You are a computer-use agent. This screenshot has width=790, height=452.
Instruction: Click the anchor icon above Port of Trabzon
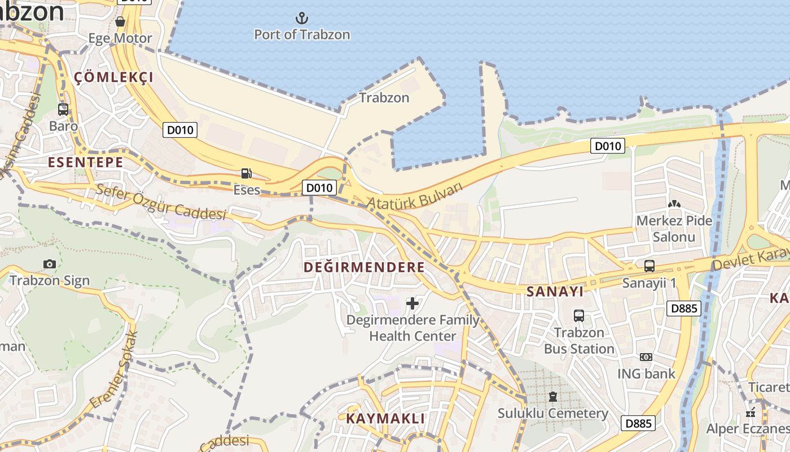[x=302, y=18]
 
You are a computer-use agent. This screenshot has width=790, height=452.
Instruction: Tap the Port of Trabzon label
[x=302, y=34]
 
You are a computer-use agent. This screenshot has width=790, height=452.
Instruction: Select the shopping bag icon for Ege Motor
[x=120, y=21]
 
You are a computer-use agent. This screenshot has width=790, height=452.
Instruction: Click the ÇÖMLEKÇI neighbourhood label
[x=113, y=77]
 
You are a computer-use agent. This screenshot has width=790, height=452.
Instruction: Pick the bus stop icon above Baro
[x=63, y=110]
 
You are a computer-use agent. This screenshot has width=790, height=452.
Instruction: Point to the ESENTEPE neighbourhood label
[x=85, y=162]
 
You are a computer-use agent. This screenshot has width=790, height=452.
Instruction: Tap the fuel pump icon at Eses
[x=246, y=173]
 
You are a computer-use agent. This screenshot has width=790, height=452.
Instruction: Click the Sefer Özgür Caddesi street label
[x=161, y=202]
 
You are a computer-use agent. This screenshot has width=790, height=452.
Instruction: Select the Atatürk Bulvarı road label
[x=415, y=195]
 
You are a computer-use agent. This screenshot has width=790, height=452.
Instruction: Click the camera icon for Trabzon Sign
[x=49, y=264]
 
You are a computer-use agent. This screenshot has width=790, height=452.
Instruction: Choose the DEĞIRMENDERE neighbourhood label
[x=364, y=267]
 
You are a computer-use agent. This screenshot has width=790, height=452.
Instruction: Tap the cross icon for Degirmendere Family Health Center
[x=412, y=303]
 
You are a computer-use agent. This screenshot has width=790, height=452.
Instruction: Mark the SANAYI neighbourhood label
[x=554, y=292]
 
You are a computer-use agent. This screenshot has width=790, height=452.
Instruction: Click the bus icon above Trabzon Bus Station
[x=579, y=316]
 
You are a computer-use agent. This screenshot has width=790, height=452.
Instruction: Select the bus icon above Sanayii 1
[x=649, y=266]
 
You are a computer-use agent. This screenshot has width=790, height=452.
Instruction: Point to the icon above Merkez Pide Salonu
[x=674, y=203]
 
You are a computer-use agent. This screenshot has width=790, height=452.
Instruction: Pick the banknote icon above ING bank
[x=646, y=357]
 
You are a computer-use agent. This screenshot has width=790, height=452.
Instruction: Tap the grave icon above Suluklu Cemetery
[x=553, y=397]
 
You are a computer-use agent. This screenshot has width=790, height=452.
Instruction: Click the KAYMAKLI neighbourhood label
[x=385, y=418]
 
